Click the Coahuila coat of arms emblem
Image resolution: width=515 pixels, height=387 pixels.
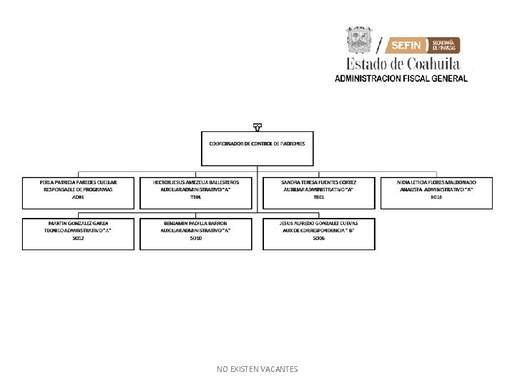pos(359,39)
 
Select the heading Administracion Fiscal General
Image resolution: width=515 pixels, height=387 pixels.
pos(401,78)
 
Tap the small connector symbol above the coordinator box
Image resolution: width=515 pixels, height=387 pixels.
pos(257,128)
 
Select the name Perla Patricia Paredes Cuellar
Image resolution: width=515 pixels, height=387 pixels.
pos(78,182)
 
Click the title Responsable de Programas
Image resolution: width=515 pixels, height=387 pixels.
pos(78,189)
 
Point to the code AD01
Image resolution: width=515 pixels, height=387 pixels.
pos(78,196)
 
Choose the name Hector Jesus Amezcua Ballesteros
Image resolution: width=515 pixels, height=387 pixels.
pos(196,182)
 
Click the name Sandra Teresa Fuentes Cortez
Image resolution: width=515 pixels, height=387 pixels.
pos(319,182)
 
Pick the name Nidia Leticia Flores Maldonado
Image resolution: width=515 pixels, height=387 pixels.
pos(436,182)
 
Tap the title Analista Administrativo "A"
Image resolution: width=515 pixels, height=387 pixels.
pos(436,189)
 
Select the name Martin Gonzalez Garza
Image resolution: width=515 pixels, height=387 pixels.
pos(78,223)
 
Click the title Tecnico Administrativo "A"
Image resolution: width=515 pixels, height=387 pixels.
pos(78,230)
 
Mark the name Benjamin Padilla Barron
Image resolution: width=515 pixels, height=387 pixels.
pos(196,223)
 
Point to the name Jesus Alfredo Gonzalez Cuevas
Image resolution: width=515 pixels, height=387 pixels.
pos(319,223)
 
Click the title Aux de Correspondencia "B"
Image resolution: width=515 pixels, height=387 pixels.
pos(319,230)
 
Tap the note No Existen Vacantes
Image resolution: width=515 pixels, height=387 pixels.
pos(257,369)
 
